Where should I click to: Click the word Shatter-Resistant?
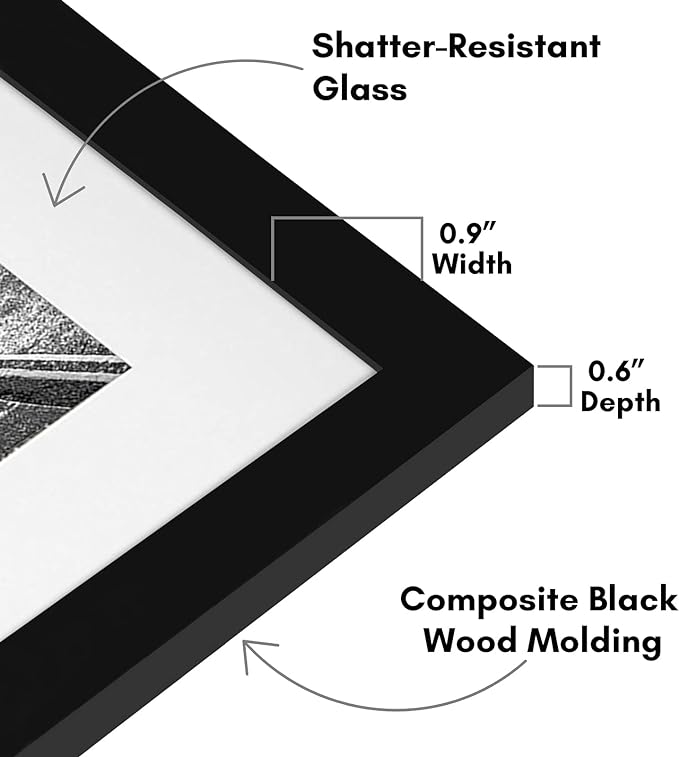tap(456, 46)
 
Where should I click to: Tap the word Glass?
tap(359, 88)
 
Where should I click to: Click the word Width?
tap(471, 264)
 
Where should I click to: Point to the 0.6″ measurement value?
tap(617, 371)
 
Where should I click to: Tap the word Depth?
tap(620, 402)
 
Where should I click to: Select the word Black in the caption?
tap(633, 599)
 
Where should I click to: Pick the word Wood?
tap(470, 641)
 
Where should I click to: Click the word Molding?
tap(594, 642)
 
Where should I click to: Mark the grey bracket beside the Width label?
tap(347, 219)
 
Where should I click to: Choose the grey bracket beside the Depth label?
tap(570, 386)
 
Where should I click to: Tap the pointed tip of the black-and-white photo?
tap(131, 370)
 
